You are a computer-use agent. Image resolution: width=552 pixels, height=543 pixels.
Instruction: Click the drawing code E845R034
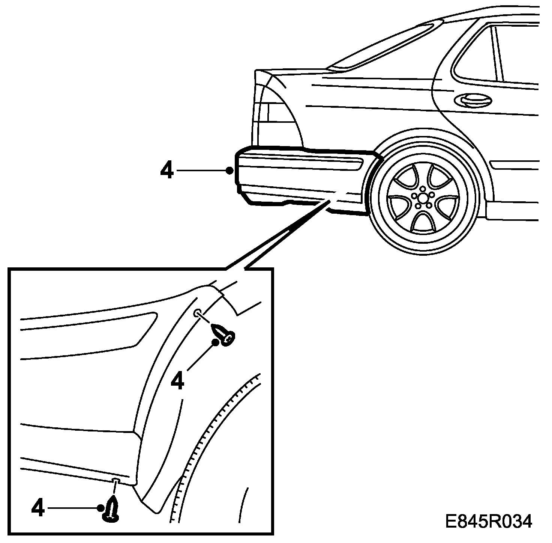489,522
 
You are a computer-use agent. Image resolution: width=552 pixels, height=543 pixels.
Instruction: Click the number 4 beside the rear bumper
167,171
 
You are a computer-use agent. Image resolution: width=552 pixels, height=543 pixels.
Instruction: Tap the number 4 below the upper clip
177,381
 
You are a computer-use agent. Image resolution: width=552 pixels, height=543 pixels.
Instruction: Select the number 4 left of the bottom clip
38,508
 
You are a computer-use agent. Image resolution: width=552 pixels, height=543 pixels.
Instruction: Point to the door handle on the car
472,100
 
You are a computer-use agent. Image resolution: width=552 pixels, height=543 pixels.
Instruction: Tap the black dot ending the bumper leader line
229,171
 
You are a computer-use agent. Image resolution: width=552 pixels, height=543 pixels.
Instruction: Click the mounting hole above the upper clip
198,313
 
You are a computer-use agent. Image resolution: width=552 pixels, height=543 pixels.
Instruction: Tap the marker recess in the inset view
112,330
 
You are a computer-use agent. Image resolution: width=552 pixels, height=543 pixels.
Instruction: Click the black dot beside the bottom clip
100,508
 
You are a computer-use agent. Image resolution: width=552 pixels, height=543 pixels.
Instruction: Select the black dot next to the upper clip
215,342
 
